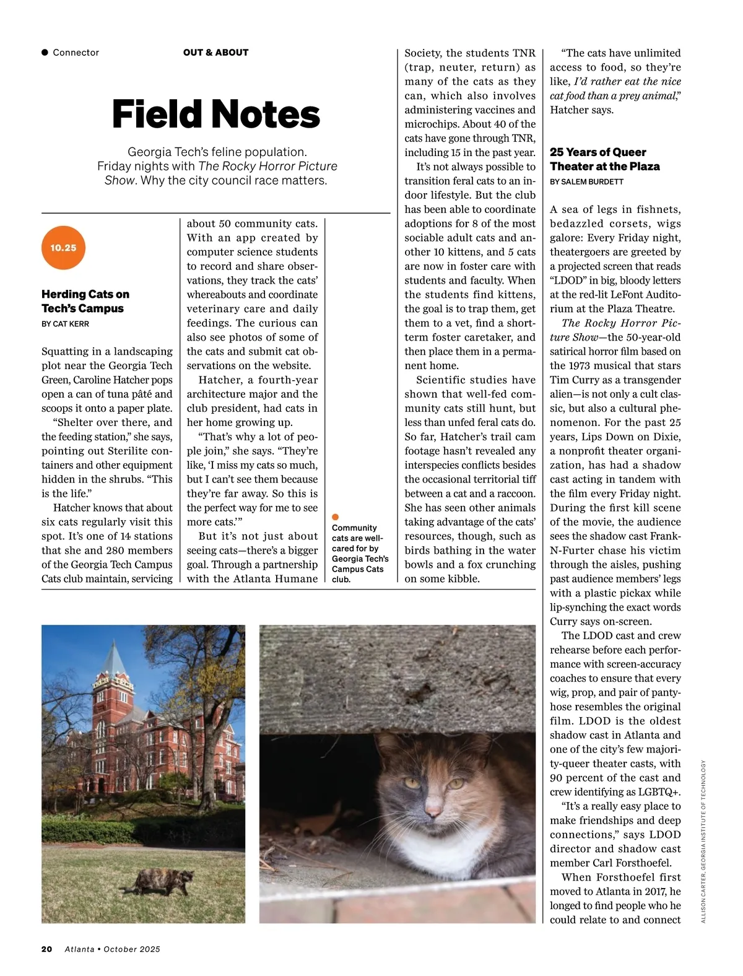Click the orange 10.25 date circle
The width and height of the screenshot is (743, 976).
(x=63, y=248)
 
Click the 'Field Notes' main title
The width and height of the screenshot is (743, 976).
(x=215, y=115)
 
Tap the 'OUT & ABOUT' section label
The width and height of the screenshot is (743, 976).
(x=215, y=53)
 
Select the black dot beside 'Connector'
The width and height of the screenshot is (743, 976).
(x=45, y=53)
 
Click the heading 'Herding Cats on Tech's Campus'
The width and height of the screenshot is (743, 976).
(x=85, y=301)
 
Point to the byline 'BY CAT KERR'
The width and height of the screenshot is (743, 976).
(x=65, y=324)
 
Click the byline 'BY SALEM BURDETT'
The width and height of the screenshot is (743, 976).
(x=586, y=182)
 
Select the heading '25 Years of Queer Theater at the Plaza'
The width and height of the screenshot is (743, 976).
(x=604, y=159)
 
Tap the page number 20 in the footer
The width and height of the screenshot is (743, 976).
(x=46, y=949)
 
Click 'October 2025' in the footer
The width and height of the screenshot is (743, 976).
(x=132, y=949)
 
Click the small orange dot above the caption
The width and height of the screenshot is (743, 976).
(x=336, y=516)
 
